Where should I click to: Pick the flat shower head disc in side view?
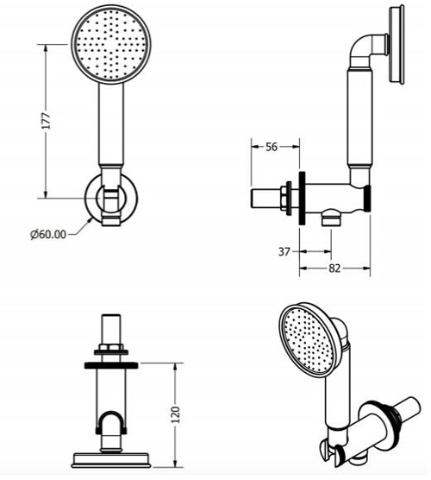click(397, 46)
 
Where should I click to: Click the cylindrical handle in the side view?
click(359, 121)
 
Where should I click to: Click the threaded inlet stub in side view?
click(264, 196)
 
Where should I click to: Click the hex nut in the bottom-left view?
click(110, 351)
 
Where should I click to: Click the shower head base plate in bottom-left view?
click(110, 457)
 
